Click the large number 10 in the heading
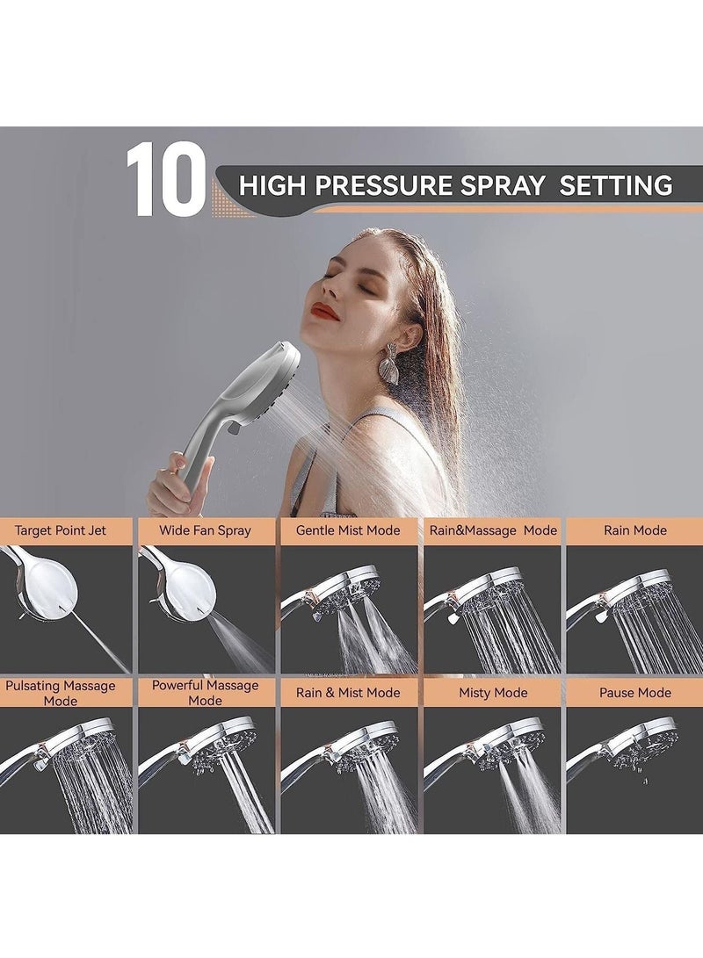click(x=165, y=181)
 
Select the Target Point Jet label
click(x=66, y=530)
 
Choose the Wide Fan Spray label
click(x=205, y=530)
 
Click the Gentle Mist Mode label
click(x=348, y=530)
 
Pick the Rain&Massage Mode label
click(x=493, y=530)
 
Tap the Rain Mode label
click(x=634, y=530)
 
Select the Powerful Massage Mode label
click(x=205, y=693)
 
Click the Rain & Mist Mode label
click(x=348, y=693)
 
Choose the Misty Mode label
click(x=493, y=693)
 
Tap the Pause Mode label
click(x=634, y=693)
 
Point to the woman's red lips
click(x=324, y=311)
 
